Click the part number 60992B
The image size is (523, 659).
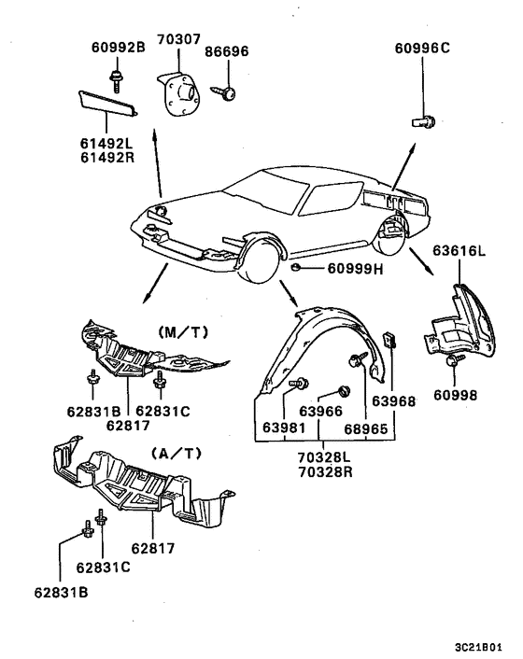point(118,47)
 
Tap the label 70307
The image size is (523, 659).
point(178,39)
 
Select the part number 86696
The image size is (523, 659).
point(227,51)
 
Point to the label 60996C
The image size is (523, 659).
point(422,48)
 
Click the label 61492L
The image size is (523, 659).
point(106,144)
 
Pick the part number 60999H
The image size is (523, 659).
point(355,269)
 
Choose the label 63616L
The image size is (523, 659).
point(459,251)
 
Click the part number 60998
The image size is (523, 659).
point(456,395)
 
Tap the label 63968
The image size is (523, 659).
point(393,401)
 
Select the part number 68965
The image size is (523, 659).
point(366,428)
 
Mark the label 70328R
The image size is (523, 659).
point(325,472)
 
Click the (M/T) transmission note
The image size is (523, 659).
point(183,333)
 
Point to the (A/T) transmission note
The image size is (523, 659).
point(177,454)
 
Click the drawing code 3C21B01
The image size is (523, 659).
point(478,647)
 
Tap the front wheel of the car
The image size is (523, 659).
point(257,260)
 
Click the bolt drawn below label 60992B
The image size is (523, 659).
point(116,81)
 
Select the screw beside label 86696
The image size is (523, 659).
point(223,93)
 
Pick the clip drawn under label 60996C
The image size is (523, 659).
point(423,122)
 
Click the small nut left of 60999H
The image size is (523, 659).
point(296,266)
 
